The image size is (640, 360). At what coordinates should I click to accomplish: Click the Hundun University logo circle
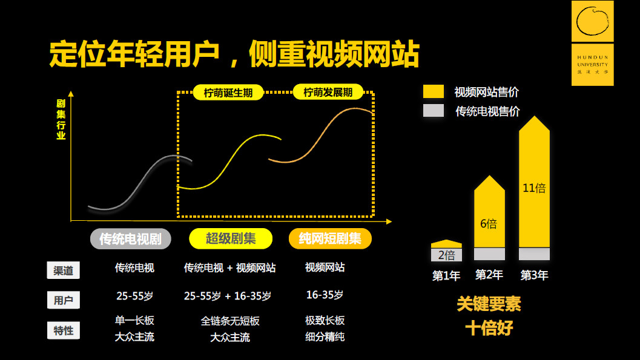tap(593, 21)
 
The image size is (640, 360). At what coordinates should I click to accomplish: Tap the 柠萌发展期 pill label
tap(327, 93)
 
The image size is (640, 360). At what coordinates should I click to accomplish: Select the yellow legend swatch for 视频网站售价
tap(434, 92)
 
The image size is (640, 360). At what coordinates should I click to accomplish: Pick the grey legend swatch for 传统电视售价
tap(434, 111)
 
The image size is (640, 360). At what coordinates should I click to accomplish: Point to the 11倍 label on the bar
tap(534, 188)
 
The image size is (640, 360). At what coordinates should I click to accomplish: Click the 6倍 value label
tap(489, 224)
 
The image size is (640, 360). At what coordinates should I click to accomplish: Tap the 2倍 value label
tap(446, 255)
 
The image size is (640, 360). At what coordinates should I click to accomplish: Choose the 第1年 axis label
tap(446, 276)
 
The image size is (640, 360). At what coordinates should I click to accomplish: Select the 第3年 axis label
tap(534, 275)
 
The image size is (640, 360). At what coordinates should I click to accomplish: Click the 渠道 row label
tap(63, 270)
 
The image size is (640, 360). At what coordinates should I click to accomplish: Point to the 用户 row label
tap(63, 299)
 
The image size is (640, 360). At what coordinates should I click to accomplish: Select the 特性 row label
tap(63, 330)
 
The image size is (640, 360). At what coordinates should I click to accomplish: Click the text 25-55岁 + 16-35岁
tap(228, 296)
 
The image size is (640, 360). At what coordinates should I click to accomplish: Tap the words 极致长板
tap(325, 320)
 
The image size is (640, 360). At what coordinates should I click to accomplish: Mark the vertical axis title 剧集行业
tap(61, 119)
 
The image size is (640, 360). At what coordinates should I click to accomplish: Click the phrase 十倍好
tap(489, 328)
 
